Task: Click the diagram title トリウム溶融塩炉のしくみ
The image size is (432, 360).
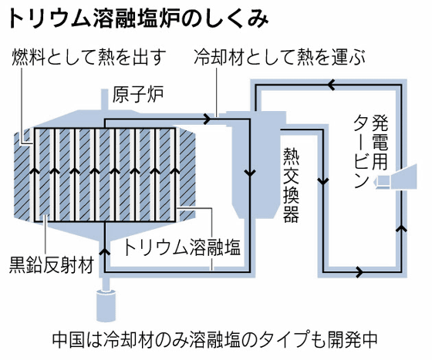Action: pos(139,19)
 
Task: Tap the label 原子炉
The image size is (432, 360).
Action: pos(138,94)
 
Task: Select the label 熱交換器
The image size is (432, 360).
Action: pos(291,185)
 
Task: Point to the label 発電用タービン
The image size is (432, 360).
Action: pos(371,151)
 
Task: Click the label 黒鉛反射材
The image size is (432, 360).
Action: pos(51,264)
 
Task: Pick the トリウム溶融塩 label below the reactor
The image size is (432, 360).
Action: pos(182,247)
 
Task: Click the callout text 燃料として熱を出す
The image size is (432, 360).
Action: pos(89,57)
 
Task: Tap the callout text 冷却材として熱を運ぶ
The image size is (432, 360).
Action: pos(279,57)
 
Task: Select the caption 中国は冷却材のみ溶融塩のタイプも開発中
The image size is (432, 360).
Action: pos(214,340)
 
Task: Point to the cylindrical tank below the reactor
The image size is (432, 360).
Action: pos(106,305)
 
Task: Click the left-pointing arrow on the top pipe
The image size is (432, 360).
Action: pos(331,85)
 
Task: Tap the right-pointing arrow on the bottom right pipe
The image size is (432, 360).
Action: pos(359,271)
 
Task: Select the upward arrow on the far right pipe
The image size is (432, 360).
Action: pos(402,228)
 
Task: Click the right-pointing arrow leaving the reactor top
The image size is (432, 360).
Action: pos(208,119)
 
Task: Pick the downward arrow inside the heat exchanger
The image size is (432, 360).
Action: pos(250,173)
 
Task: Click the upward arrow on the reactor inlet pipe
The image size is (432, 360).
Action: pos(105,251)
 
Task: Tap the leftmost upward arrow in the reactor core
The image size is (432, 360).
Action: pos(35,170)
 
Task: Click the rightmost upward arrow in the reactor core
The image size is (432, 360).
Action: pos(174,170)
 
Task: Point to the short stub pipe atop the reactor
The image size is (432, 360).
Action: pos(104,99)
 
